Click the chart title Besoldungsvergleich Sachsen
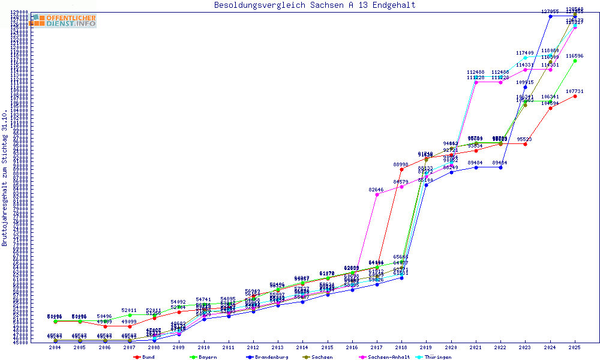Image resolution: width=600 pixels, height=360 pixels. click(x=314, y=5)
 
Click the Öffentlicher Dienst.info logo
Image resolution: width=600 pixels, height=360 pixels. click(x=63, y=21)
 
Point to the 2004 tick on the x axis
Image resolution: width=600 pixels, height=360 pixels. click(x=55, y=348)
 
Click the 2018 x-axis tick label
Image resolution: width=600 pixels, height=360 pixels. click(x=401, y=348)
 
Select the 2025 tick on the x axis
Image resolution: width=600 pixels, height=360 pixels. click(x=575, y=348)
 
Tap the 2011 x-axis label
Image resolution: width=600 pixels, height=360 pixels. click(x=228, y=348)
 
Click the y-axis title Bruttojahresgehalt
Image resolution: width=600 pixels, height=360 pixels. click(x=5, y=178)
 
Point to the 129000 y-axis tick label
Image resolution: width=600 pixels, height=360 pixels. click(x=20, y=12)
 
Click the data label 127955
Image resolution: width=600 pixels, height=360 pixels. click(x=550, y=11)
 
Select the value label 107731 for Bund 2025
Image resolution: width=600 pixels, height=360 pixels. click(x=575, y=91)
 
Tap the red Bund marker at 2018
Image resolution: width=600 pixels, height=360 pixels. click(x=401, y=169)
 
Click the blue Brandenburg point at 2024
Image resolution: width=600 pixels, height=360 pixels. click(x=550, y=16)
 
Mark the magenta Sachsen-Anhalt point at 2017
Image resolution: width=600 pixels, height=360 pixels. click(x=377, y=194)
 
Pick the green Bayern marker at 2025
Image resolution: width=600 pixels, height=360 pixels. click(x=575, y=61)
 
